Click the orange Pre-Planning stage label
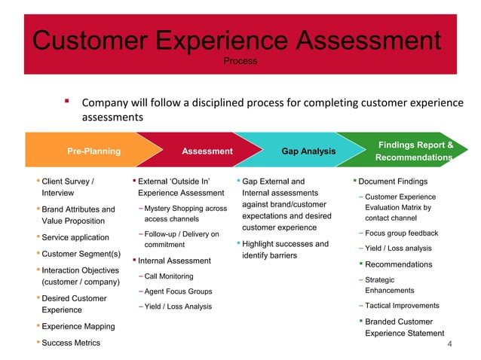pyautogui.click(x=94, y=151)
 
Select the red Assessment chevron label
pyautogui.click(x=207, y=151)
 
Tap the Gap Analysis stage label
pyautogui.click(x=308, y=151)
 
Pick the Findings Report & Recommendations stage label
pyautogui.click(x=415, y=151)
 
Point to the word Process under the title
pyautogui.click(x=240, y=59)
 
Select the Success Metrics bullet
pyautogui.click(x=71, y=343)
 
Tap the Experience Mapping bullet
pyautogui.click(x=78, y=326)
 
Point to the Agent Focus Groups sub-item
pyautogui.click(x=178, y=291)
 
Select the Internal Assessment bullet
pyautogui.click(x=173, y=261)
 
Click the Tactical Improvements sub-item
pyautogui.click(x=402, y=306)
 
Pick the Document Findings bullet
pyautogui.click(x=393, y=182)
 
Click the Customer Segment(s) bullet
pyautogui.click(x=81, y=253)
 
